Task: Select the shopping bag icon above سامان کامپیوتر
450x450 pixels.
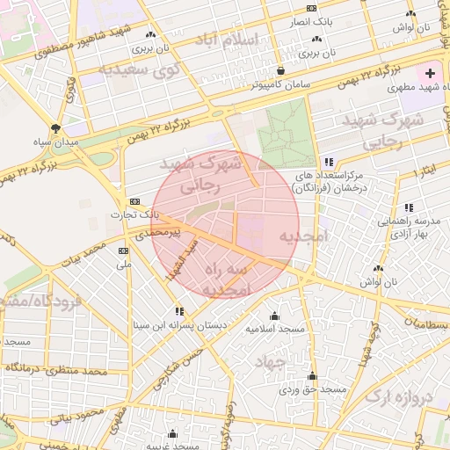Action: (280, 71)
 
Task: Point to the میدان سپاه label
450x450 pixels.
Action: (56, 142)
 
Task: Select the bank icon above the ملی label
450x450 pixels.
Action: (123, 250)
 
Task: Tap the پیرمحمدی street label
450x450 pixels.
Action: (158, 233)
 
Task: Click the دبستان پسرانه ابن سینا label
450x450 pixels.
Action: (179, 324)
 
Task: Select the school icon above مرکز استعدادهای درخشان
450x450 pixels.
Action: (329, 163)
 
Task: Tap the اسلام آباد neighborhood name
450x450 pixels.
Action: (255, 40)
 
